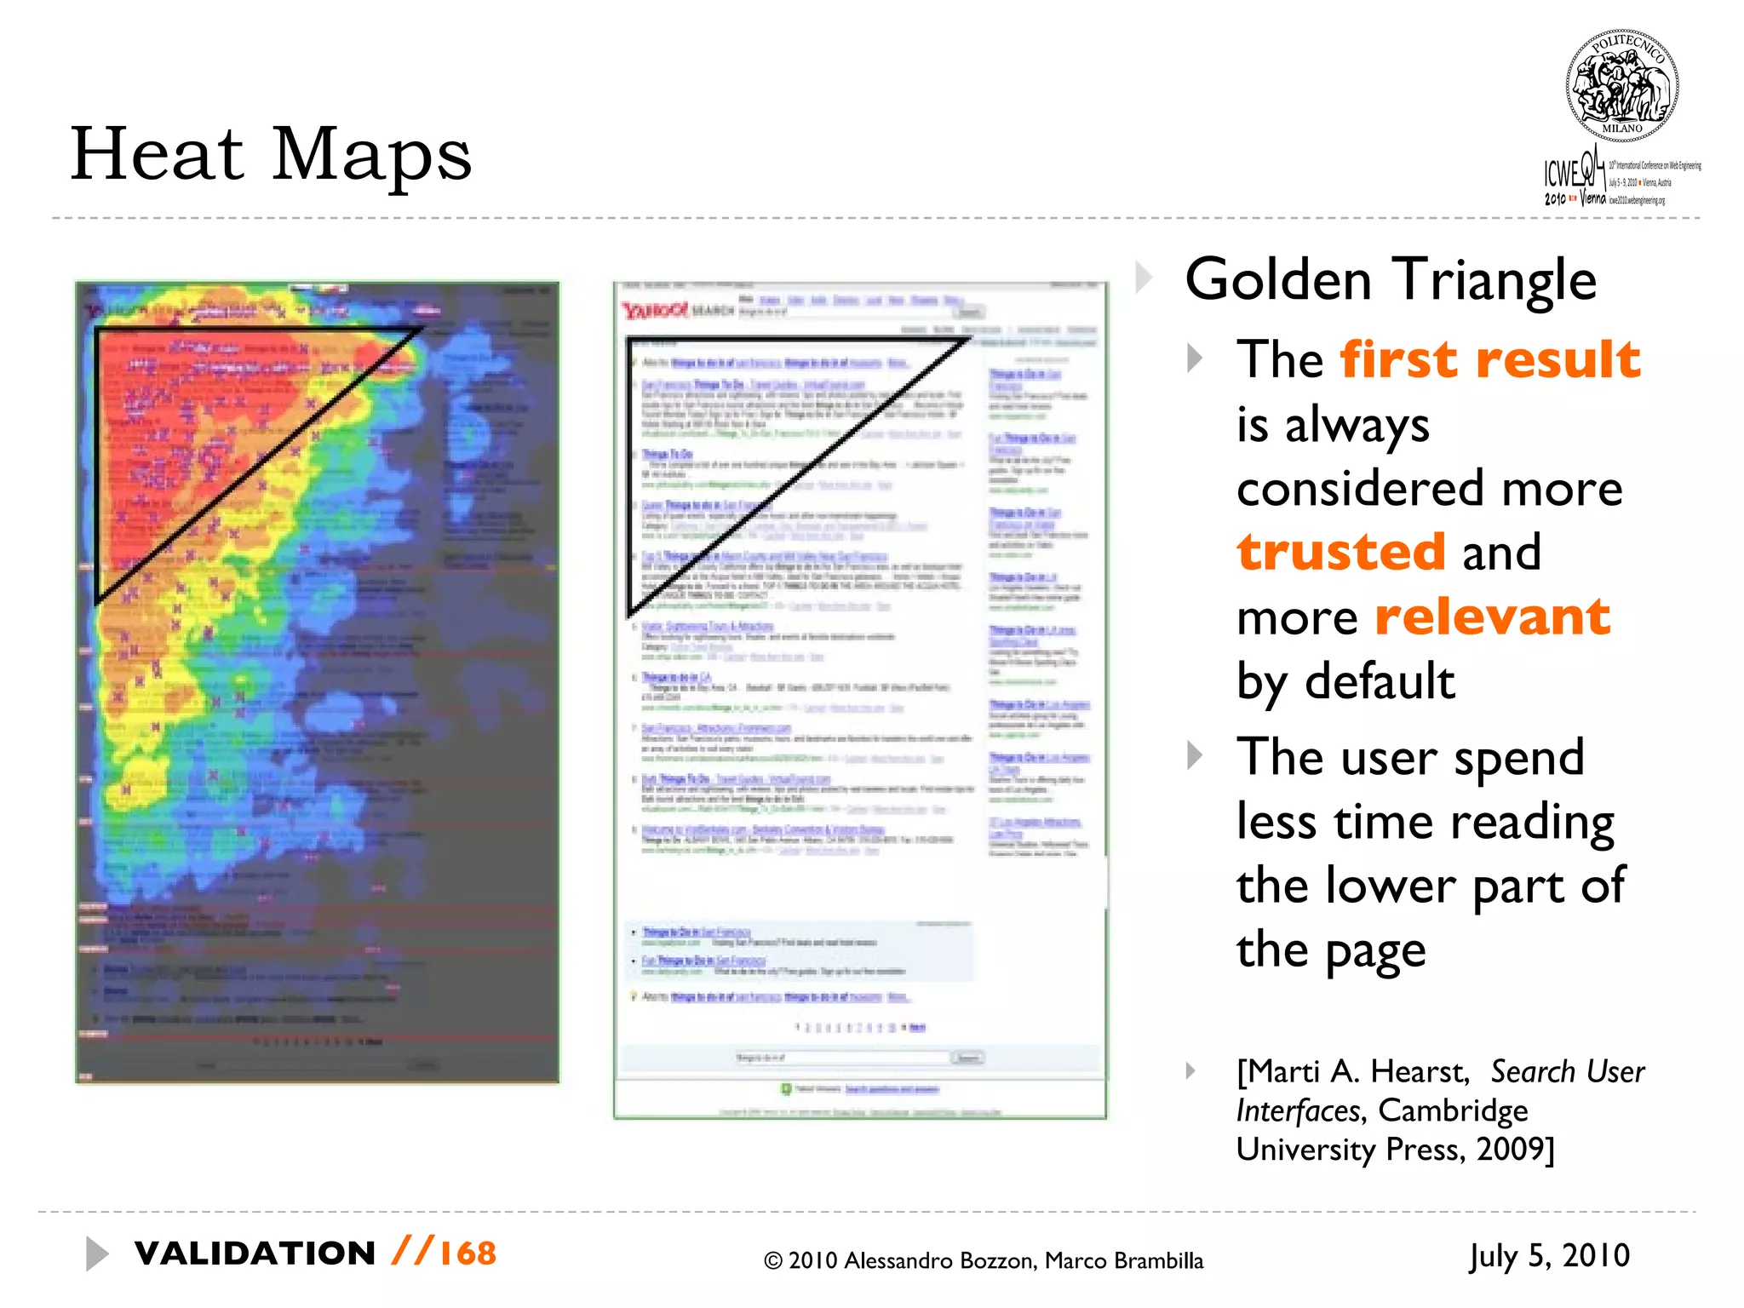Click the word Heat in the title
(x=158, y=154)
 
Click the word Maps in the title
(x=372, y=154)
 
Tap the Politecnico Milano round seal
(x=1622, y=86)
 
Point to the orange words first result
(x=1489, y=359)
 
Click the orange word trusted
(x=1341, y=552)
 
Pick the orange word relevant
(x=1493, y=617)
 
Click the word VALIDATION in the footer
(x=255, y=1253)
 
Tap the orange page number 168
(x=468, y=1253)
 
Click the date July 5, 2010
(x=1549, y=1256)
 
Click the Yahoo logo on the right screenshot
(x=653, y=311)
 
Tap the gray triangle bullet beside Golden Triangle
(x=1144, y=278)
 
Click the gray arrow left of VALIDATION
(x=97, y=1253)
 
